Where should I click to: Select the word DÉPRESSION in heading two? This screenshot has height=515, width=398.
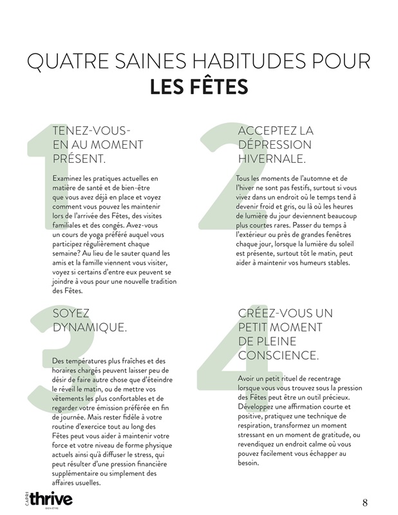tap(274, 144)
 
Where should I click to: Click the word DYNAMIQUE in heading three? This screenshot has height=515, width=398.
tap(90, 328)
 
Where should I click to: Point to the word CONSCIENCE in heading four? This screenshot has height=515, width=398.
tap(278, 355)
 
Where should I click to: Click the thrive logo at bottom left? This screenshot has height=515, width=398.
tap(50, 500)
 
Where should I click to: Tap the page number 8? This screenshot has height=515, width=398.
tap(365, 502)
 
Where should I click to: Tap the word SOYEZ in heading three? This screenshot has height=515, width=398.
tap(71, 314)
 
